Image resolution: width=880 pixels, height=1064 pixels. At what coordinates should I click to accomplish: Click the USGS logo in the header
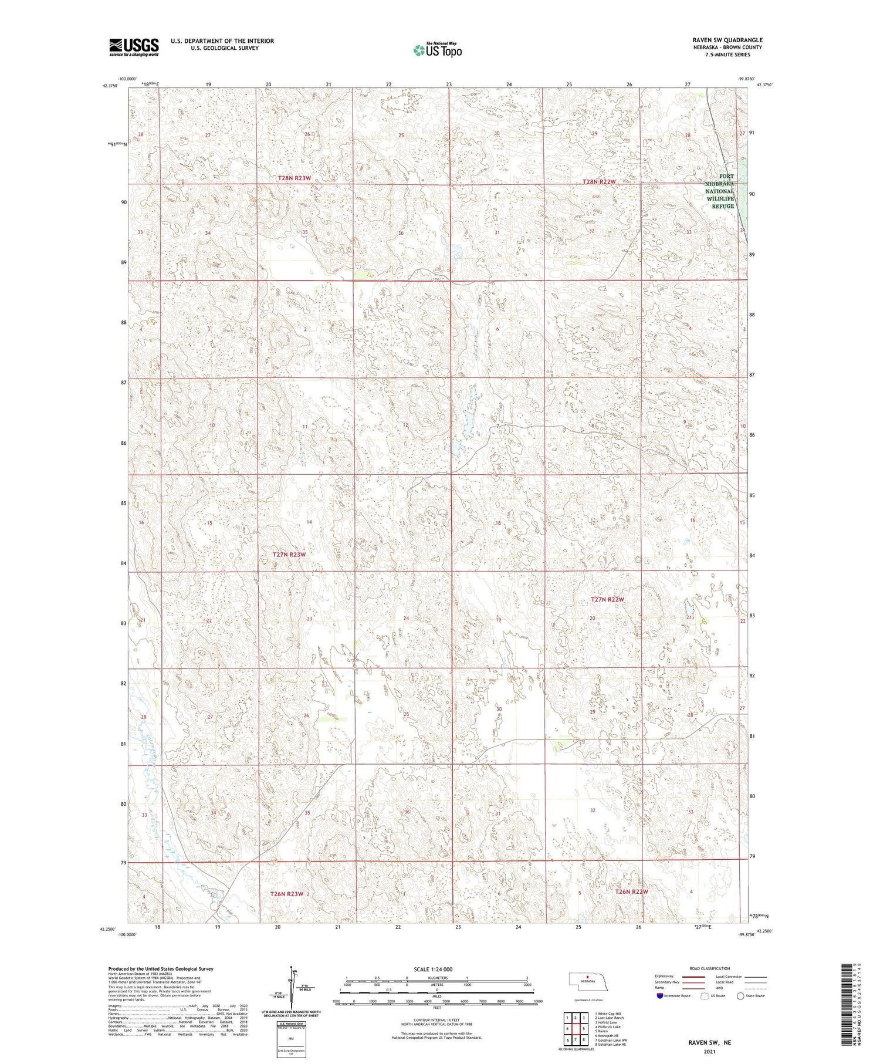tap(134, 47)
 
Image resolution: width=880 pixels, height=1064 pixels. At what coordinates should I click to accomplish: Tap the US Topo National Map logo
tap(437, 50)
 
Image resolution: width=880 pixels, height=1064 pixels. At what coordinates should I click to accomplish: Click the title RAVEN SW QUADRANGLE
tap(727, 40)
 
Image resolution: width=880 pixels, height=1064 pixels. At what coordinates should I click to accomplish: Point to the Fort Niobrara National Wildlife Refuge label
tap(720, 191)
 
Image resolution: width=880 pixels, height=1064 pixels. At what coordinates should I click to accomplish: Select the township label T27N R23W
tap(289, 555)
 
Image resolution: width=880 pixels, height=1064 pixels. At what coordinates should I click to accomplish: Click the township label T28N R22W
tap(599, 182)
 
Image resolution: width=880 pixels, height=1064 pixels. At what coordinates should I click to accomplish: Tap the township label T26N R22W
tap(631, 891)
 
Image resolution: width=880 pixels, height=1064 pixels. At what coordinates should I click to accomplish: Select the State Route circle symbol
tap(740, 996)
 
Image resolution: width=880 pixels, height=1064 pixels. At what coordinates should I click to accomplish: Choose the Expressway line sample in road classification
tap(692, 977)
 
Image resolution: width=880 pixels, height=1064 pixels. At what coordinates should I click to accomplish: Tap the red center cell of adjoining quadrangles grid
tap(584, 1029)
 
